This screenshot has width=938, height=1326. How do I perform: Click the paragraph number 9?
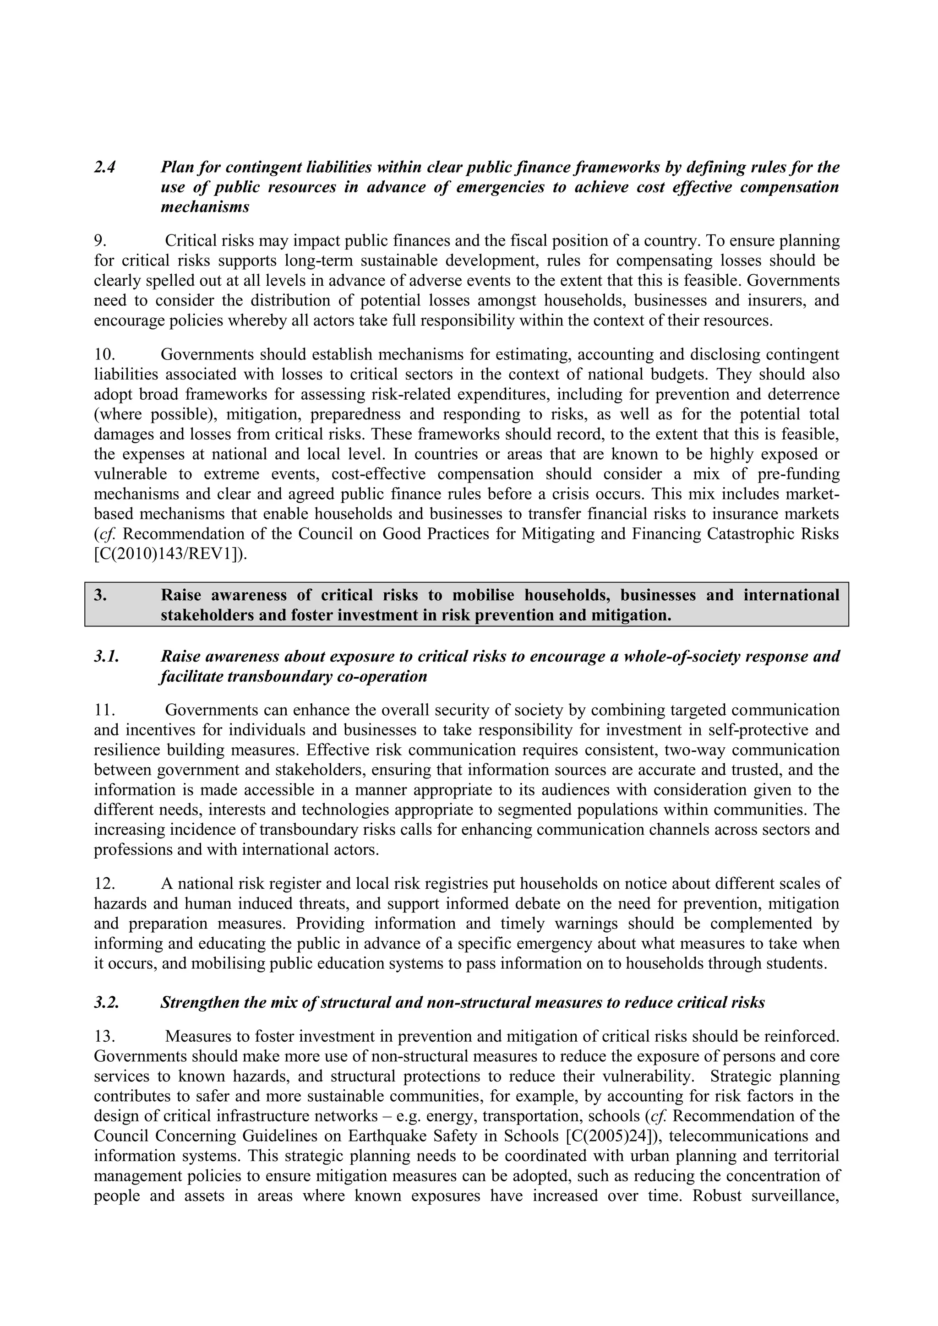(x=100, y=241)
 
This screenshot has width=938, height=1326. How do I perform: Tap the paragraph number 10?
(x=104, y=354)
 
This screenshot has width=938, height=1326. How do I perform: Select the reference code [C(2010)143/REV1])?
(x=170, y=554)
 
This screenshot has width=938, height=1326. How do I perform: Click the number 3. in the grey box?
(x=100, y=595)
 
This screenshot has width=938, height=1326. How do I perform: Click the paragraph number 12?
(x=104, y=884)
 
